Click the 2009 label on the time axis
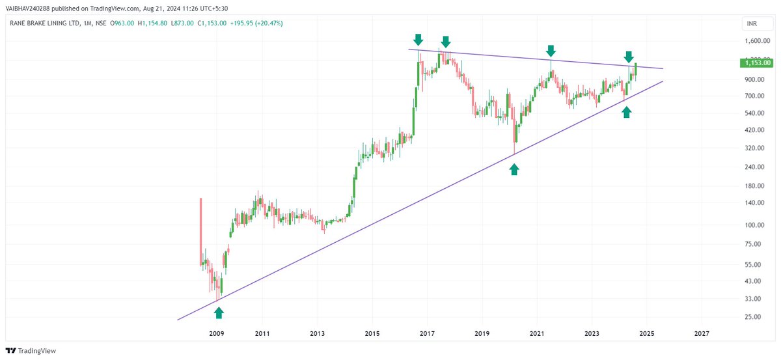click(217, 333)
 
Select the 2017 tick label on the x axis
click(427, 333)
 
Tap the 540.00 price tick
click(754, 113)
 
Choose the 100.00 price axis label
click(754, 225)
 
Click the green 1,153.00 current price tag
click(756, 63)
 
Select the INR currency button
click(752, 24)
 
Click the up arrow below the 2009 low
click(219, 312)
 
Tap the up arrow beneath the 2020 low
click(514, 169)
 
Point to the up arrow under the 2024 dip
click(626, 113)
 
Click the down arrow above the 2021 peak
click(551, 51)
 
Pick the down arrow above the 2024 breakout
click(629, 57)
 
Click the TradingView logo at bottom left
click(33, 350)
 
